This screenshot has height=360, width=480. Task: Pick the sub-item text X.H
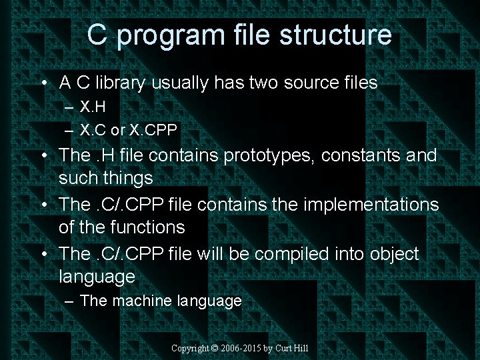(93, 106)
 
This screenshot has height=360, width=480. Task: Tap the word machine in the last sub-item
(143, 301)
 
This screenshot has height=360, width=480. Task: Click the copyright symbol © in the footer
(215, 349)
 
